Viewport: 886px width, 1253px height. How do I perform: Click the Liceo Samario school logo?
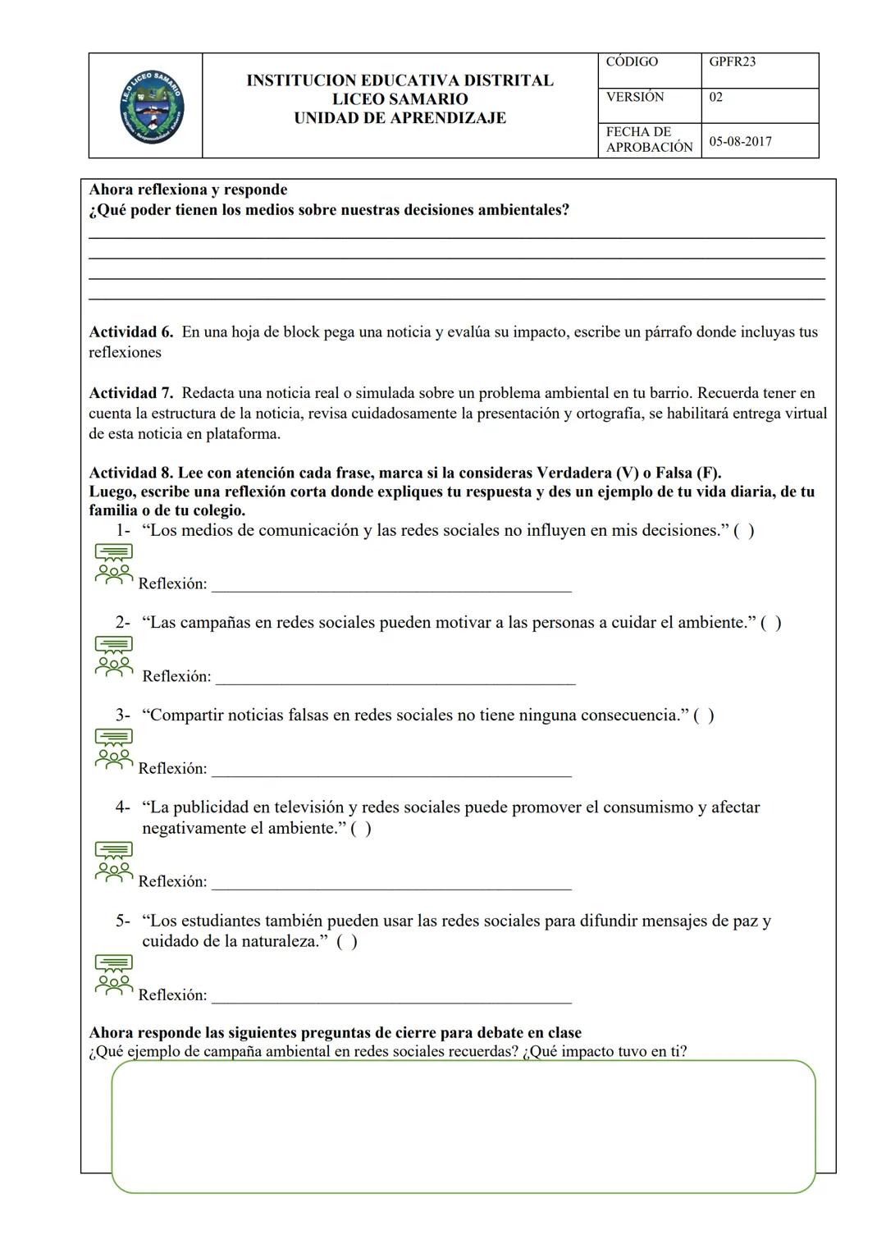coord(151,106)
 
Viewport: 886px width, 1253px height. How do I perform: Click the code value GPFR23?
coord(732,62)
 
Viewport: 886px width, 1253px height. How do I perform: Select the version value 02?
coord(715,98)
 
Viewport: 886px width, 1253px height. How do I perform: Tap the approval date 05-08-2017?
coord(740,141)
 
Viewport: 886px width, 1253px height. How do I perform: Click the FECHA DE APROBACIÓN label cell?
coord(648,139)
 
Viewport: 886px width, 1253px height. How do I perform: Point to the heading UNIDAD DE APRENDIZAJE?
coord(400,118)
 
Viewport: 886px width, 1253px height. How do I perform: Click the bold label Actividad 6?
coord(130,332)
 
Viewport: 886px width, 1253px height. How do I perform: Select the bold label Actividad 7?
coord(130,393)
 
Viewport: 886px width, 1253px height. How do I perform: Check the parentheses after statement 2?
coord(770,623)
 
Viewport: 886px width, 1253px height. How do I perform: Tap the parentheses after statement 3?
coord(703,716)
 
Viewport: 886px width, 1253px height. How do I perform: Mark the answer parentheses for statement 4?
coord(360,829)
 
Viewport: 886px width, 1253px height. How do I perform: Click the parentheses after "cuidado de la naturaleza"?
coord(346,942)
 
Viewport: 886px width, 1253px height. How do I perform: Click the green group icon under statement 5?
coord(113,976)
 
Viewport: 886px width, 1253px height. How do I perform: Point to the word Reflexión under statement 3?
coord(172,769)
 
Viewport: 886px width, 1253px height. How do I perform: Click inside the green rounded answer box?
coord(464,1126)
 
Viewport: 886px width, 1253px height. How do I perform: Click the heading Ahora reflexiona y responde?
coord(188,190)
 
